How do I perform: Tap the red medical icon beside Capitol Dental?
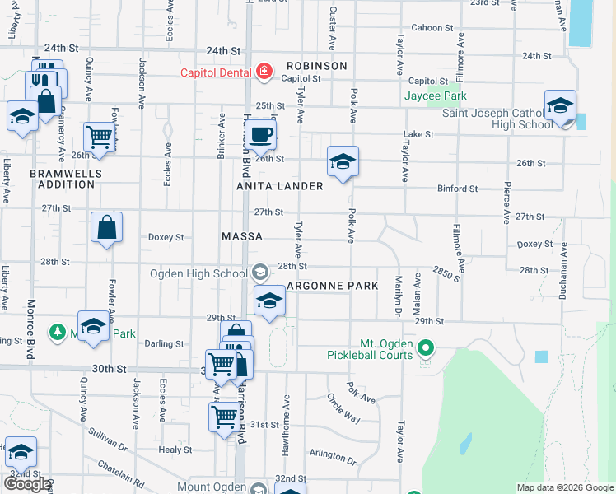tap(264, 72)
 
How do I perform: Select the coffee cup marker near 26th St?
tap(262, 134)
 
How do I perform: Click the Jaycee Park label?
tap(435, 96)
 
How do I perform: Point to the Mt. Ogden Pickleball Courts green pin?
tap(426, 350)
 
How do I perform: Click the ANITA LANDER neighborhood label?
tap(281, 186)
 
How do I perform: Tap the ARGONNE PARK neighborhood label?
tap(332, 286)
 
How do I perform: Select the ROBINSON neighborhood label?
tap(317, 65)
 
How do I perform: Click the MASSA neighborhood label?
tap(242, 236)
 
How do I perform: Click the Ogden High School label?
tap(198, 273)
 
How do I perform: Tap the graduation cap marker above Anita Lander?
tap(343, 161)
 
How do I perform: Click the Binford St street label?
tap(457, 189)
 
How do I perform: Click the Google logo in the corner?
tap(26, 484)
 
